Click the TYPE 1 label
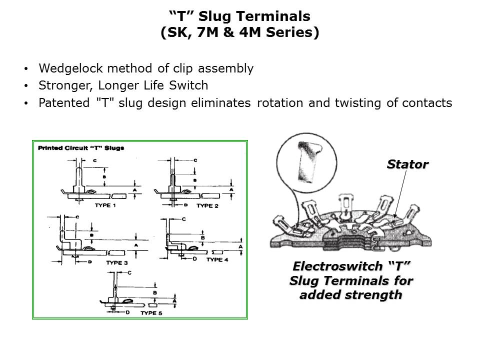coord(105,205)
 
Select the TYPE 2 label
coord(207,205)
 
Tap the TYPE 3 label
coord(117,262)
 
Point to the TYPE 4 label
coord(217,259)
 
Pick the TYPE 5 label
coord(151,313)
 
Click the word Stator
coord(407,164)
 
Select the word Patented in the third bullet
coord(64,103)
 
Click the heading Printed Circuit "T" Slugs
coord(81,148)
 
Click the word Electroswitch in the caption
coord(337,266)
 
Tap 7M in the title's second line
coord(207,32)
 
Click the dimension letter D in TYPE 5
coord(127,312)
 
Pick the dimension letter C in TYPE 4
coord(183,219)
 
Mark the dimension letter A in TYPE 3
coord(136,245)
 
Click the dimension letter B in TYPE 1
coord(104,177)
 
